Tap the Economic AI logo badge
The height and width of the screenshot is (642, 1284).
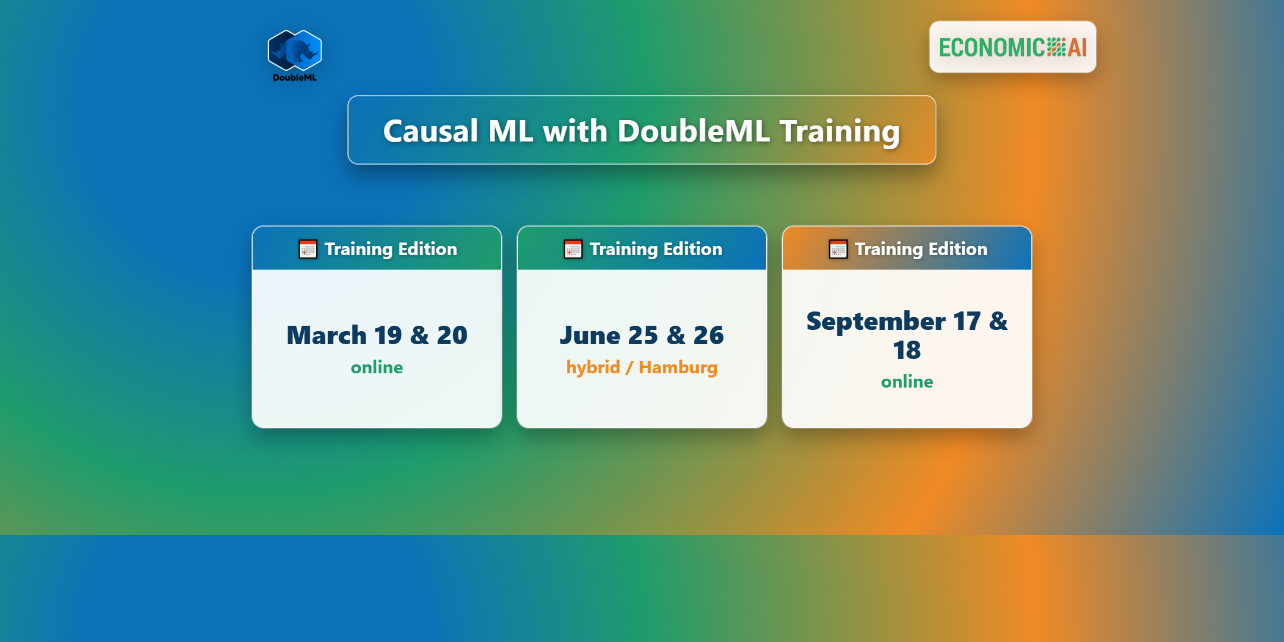(1013, 47)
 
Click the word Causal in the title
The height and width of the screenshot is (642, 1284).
(430, 131)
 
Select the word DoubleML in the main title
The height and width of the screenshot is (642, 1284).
(694, 131)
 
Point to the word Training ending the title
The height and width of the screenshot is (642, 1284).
(840, 132)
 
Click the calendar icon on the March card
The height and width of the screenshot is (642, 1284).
(308, 249)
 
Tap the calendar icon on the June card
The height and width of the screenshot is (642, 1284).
(573, 249)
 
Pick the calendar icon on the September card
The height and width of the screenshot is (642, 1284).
(838, 249)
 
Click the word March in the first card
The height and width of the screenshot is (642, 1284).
(326, 335)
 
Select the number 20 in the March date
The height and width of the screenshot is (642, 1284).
(452, 335)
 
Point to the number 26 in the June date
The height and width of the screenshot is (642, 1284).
(709, 335)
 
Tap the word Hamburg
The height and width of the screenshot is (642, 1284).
(678, 368)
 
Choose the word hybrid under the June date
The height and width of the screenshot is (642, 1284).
(593, 368)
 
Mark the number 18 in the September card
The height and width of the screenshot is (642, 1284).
(907, 350)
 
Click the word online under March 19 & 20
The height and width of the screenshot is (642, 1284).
(377, 367)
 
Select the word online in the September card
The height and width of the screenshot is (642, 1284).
(907, 382)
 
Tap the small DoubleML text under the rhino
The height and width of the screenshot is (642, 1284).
(295, 77)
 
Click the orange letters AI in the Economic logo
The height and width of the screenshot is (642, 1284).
(1078, 48)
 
